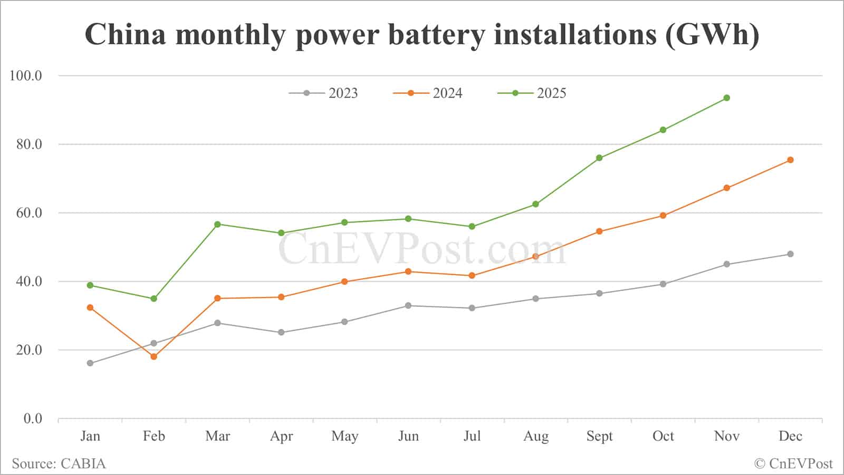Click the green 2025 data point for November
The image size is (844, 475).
pyautogui.click(x=726, y=98)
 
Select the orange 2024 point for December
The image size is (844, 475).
pyautogui.click(x=790, y=160)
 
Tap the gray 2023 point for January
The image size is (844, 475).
pyautogui.click(x=90, y=363)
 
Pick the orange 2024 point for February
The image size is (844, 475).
pyautogui.click(x=154, y=357)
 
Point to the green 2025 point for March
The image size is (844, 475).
pyautogui.click(x=217, y=224)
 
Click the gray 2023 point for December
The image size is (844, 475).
pyautogui.click(x=790, y=254)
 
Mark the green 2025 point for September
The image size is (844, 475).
pyautogui.click(x=599, y=158)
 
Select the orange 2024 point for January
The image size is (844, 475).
pyautogui.click(x=90, y=307)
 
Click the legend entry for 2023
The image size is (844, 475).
pyautogui.click(x=323, y=93)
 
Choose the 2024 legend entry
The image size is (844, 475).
pyautogui.click(x=428, y=93)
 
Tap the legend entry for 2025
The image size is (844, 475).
pyautogui.click(x=532, y=93)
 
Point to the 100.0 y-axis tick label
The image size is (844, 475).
pyautogui.click(x=26, y=76)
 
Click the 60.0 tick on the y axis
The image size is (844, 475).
pyautogui.click(x=29, y=213)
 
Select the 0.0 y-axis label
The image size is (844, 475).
pyautogui.click(x=33, y=419)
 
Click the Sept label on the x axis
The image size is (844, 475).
pyautogui.click(x=599, y=436)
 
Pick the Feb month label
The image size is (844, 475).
pyautogui.click(x=154, y=436)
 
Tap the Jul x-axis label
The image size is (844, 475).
pyautogui.click(x=472, y=436)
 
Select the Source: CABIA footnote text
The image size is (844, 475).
pyautogui.click(x=59, y=464)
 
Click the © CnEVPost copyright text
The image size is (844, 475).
pyautogui.click(x=793, y=464)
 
